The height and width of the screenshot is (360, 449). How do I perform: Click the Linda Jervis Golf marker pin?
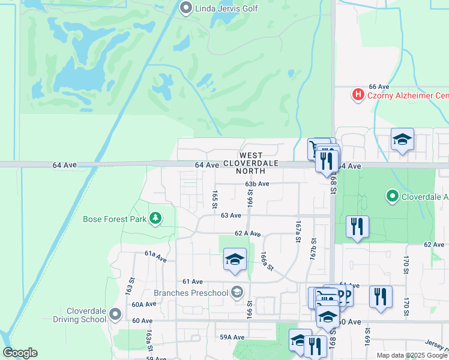pos(185,8)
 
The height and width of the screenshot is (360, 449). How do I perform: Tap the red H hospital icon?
pos(358,95)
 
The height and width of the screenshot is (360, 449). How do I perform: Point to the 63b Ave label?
pos(256,184)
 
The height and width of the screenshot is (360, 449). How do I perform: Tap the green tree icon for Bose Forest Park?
pos(155,218)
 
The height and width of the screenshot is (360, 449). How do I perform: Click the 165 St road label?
pos(214,200)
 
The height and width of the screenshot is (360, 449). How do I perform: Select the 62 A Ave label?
pos(247,233)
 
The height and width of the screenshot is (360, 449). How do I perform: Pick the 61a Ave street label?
pos(155,254)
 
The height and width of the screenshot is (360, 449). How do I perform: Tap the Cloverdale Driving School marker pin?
pos(116,314)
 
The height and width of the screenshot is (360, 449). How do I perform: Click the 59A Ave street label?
pos(231,337)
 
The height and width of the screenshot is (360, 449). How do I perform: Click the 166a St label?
pos(267,262)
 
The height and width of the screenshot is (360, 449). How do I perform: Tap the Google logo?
pos(20,353)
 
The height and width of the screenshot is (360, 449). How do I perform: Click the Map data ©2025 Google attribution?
pos(411,355)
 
